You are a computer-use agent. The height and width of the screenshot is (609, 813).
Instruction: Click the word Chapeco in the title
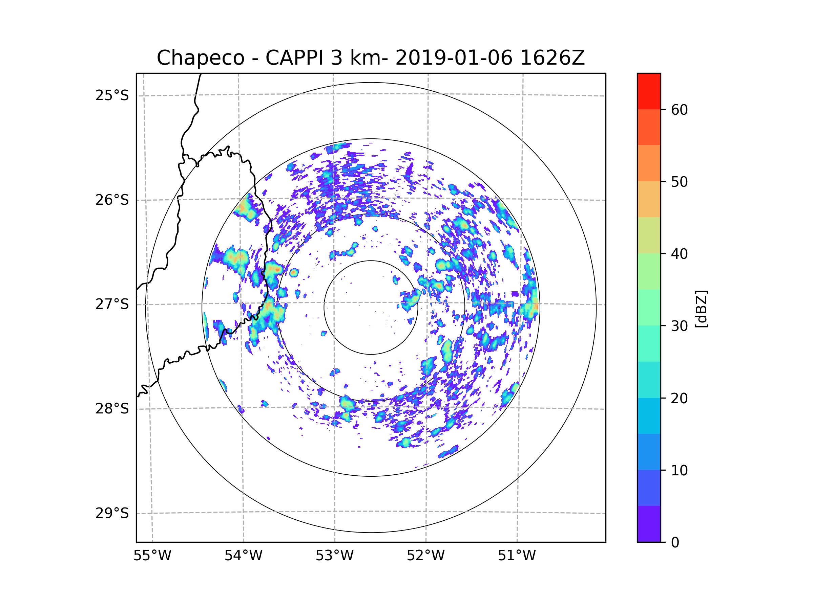200,58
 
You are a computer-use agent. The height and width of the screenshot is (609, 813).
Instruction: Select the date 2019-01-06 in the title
454,58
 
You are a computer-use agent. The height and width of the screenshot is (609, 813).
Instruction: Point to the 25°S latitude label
112,95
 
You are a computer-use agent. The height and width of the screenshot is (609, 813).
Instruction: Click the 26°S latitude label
112,200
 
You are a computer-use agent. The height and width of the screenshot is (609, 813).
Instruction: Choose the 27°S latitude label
112,304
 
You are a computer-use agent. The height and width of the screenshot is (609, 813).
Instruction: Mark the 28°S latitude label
112,409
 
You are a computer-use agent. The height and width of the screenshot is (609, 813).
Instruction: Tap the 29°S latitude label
112,513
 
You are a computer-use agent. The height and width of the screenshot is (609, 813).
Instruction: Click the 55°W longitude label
152,556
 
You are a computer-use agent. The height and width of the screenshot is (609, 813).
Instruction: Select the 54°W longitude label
243,556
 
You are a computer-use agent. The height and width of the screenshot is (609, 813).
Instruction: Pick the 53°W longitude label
334,556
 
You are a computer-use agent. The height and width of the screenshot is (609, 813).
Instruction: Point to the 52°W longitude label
425,556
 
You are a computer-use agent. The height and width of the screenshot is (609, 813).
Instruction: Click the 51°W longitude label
517,556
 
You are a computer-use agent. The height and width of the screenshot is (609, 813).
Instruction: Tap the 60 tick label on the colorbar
679,110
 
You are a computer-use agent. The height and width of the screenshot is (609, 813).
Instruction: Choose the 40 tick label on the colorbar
679,254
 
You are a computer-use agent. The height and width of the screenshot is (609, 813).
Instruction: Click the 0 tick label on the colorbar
675,543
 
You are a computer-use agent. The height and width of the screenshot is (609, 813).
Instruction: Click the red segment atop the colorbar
649,91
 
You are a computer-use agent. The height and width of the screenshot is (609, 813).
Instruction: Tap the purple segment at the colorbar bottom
649,524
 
